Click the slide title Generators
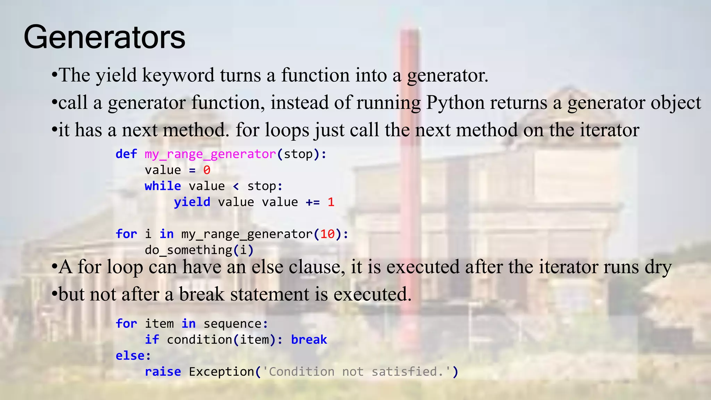pos(104,37)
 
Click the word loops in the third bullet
pos(287,130)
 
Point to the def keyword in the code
pos(126,154)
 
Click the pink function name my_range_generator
pos(210,154)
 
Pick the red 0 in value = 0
pos(207,170)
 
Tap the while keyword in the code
pos(163,186)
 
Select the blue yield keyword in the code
pos(192,202)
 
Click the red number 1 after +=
pos(331,202)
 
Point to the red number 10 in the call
pos(327,234)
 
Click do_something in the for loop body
pos(188,250)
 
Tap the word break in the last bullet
pos(202,294)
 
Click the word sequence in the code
pos(233,324)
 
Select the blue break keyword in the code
pos(309,340)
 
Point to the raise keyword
pos(163,372)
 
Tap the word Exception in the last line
pos(221,372)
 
